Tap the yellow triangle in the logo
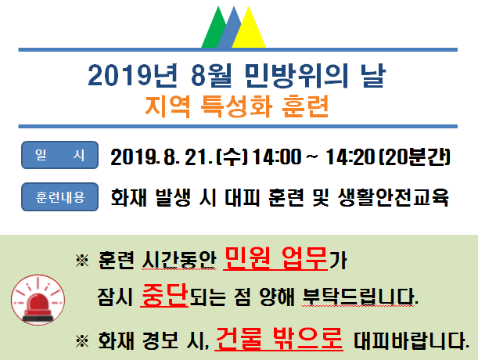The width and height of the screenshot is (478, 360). click(249, 31)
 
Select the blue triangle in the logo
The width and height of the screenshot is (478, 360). click(231, 31)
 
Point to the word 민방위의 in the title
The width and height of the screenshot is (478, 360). click(297, 76)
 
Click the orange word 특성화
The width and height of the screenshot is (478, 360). click(236, 106)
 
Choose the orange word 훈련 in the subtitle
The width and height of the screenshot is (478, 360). click(305, 106)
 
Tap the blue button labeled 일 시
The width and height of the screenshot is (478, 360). click(59, 155)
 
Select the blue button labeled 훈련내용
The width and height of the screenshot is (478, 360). click(59, 196)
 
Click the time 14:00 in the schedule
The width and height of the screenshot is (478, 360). click(277, 157)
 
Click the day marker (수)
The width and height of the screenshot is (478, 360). click(232, 157)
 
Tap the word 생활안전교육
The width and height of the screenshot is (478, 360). click(394, 197)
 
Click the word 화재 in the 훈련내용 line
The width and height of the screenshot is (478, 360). click(128, 197)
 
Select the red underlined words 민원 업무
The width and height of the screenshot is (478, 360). click(275, 258)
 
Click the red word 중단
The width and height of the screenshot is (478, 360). click(164, 295)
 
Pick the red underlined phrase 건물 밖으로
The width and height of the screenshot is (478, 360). click(279, 338)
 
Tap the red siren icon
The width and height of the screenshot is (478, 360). click(38, 299)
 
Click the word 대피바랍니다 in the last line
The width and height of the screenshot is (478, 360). click(411, 340)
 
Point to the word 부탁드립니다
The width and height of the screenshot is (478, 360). click(360, 297)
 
